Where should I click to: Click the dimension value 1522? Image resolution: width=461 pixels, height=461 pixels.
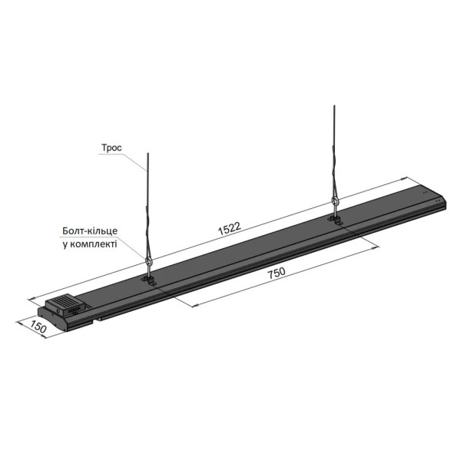click(230, 228)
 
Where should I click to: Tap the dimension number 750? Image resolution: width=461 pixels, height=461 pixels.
click(277, 273)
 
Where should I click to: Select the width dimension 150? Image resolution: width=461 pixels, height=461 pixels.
click(38, 327)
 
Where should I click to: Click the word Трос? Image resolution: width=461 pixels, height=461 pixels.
click(111, 148)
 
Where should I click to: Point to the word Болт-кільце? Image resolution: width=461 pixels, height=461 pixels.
click(90, 230)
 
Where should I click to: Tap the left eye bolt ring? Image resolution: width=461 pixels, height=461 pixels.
click(149, 260)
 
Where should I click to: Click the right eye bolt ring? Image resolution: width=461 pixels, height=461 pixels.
click(334, 201)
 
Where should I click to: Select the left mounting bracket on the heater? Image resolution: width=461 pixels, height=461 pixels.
click(149, 280)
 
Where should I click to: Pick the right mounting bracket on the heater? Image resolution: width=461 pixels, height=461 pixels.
click(336, 220)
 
